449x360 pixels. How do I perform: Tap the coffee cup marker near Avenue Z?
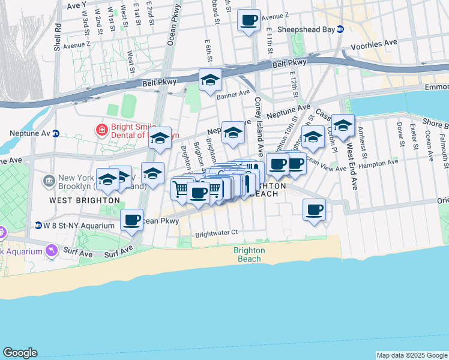(x=249, y=21)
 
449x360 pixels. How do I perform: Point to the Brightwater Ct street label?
(x=217, y=232)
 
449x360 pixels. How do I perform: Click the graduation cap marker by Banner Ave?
(x=210, y=80)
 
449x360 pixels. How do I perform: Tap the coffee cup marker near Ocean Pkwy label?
(x=132, y=220)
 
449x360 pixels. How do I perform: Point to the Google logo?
(x=20, y=353)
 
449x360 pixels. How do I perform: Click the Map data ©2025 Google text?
(x=411, y=355)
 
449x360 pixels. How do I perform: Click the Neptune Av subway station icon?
(x=56, y=133)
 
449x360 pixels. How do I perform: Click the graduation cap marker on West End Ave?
(x=343, y=126)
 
